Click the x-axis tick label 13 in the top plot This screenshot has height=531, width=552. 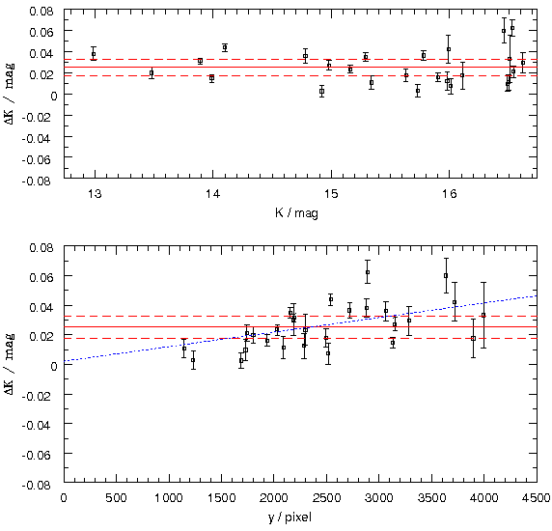pos(95,194)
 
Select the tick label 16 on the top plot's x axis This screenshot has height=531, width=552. pos(449,194)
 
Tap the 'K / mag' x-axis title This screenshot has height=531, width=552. pos(297,212)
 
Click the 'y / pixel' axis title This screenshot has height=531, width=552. pos(290,517)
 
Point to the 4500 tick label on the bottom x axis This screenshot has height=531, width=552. pos(537,498)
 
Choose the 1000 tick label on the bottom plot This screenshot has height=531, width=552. pos(169,498)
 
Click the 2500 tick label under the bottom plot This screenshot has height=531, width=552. pos(327,498)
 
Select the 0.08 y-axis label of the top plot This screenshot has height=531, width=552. pos(41,11)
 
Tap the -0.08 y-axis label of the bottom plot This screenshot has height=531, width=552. pos(38,485)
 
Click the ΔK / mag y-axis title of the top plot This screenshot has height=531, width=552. pos(10,94)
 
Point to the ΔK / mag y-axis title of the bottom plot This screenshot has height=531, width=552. pos(10,364)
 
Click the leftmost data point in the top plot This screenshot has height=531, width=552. pos(94,54)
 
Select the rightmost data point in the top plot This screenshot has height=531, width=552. pos(523,63)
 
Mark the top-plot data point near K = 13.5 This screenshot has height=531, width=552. pos(152,73)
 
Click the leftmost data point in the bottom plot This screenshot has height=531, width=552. pos(183,349)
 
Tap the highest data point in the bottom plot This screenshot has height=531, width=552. pos(368,272)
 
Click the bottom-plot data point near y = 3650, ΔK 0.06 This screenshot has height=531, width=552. pos(446,276)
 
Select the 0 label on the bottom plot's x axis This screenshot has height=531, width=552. pos(64,498)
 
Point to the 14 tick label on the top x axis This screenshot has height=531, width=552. pos(212,194)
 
